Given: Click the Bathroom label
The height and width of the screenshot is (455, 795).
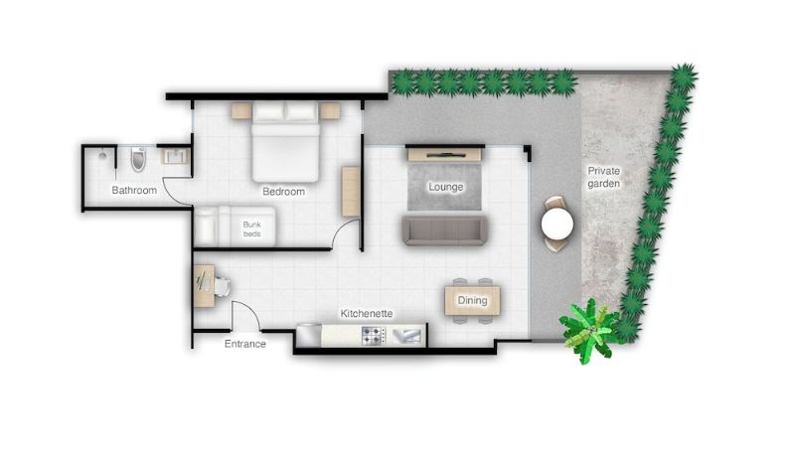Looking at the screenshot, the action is click(x=134, y=190).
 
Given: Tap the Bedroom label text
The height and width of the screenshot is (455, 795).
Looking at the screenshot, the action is click(x=283, y=192).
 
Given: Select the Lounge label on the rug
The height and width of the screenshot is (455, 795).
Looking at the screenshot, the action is click(x=445, y=187).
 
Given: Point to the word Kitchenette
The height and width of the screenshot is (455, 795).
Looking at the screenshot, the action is click(x=366, y=314).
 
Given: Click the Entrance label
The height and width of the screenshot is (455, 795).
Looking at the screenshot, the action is click(x=244, y=344).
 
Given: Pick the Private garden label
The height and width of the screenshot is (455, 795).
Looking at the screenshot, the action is click(x=603, y=177).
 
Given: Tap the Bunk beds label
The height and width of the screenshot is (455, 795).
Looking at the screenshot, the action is click(x=252, y=229).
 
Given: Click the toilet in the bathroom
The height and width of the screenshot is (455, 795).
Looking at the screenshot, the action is click(x=138, y=159).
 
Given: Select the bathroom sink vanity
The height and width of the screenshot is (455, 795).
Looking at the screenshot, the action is click(x=176, y=156).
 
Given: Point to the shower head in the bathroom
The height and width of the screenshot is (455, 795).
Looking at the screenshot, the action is click(x=103, y=154).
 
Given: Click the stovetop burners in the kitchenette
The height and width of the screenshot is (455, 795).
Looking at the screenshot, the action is click(x=373, y=336).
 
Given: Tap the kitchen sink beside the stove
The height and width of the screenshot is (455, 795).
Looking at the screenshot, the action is click(x=406, y=336).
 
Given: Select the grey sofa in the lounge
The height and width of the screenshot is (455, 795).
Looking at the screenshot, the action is click(x=444, y=230).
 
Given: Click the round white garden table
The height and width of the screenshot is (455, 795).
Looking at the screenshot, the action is click(x=557, y=224).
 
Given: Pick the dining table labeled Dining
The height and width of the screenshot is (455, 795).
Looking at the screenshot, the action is click(x=473, y=300).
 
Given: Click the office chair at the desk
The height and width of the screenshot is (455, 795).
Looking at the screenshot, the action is click(x=222, y=286).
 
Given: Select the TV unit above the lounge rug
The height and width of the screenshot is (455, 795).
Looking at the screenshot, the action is click(x=444, y=154).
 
